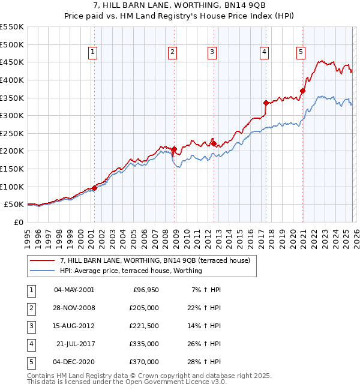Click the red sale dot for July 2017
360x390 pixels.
tap(266, 103)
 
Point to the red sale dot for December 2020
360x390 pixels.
tap(302, 91)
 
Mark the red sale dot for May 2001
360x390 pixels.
tap(94, 187)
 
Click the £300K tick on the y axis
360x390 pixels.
tap(12, 115)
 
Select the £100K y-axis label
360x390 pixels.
tap(12, 187)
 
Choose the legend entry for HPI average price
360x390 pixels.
tap(131, 271)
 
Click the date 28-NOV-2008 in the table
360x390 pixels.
tap(74, 308)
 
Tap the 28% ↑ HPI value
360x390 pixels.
tap(205, 362)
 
